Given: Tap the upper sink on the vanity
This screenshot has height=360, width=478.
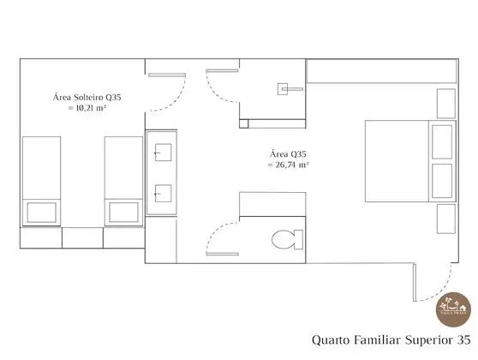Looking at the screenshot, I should (x=161, y=154).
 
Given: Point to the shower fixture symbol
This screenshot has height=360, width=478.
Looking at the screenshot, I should (x=286, y=87).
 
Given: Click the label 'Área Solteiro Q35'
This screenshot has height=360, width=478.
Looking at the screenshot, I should (x=87, y=98).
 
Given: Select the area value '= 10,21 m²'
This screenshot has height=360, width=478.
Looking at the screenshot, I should (x=87, y=110).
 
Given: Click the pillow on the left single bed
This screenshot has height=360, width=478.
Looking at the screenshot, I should (x=41, y=211).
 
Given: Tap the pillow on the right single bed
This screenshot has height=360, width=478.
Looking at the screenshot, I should (x=123, y=211).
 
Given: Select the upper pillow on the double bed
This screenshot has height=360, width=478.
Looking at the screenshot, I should (x=441, y=141).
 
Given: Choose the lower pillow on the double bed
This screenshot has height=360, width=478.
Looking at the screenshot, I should (x=441, y=181).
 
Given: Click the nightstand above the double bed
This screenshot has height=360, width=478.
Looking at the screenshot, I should (x=445, y=104).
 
